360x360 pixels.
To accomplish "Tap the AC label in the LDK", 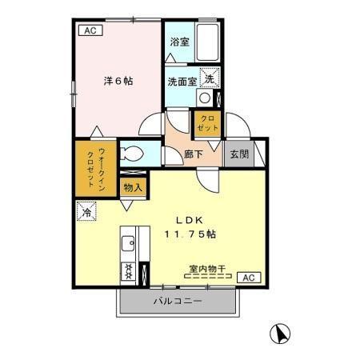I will (x=248, y=278).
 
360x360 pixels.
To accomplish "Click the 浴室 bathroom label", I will (x=179, y=42).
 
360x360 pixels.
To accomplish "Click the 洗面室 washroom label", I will (x=182, y=81).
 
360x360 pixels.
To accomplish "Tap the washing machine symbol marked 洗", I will (x=208, y=79).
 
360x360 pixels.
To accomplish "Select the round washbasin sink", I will (x=206, y=98).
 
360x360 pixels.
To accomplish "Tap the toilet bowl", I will (x=131, y=154).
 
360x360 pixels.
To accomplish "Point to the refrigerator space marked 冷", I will (x=86, y=213).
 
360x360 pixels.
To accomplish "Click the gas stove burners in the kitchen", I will (x=127, y=270).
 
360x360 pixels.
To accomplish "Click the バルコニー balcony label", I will (x=177, y=302).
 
